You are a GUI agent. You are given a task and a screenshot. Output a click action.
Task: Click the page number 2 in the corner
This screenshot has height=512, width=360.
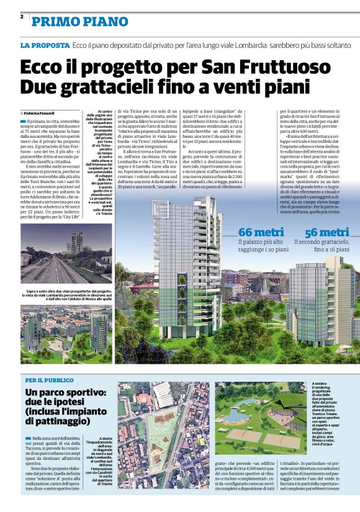22,16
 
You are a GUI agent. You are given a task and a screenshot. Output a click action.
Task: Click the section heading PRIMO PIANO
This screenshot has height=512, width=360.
80,22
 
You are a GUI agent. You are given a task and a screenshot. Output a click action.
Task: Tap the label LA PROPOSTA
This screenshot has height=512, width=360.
44,46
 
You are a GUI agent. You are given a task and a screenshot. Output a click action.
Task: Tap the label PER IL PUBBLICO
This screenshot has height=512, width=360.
50,379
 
